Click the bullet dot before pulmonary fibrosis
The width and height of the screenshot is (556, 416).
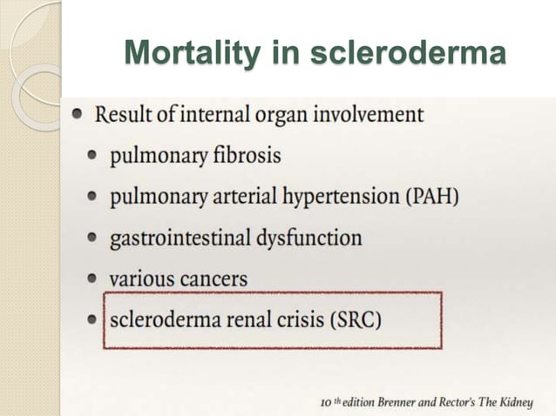tap(92, 158)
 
